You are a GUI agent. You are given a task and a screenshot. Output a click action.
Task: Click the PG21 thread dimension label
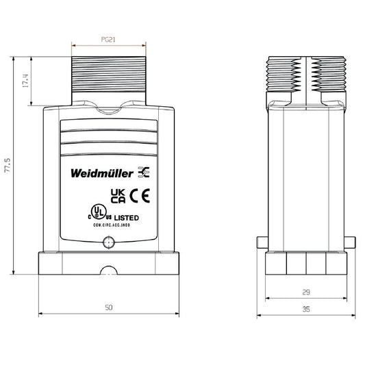pyautogui.click(x=108, y=40)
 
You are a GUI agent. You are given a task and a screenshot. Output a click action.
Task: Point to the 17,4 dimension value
pyautogui.click(x=26, y=81)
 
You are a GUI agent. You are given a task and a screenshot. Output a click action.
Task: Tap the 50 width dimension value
pyautogui.click(x=108, y=307)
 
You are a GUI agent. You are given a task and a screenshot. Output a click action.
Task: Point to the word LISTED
pyautogui.click(x=126, y=217)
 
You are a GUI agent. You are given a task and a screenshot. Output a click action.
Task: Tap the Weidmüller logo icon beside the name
pyautogui.click(x=144, y=171)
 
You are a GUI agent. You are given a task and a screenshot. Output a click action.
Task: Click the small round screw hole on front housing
pyautogui.click(x=107, y=242)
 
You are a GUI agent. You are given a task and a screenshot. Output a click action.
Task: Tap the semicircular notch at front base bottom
pyautogui.click(x=108, y=272)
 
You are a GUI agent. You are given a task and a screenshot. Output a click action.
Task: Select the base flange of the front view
pyautogui.click(x=108, y=264)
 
